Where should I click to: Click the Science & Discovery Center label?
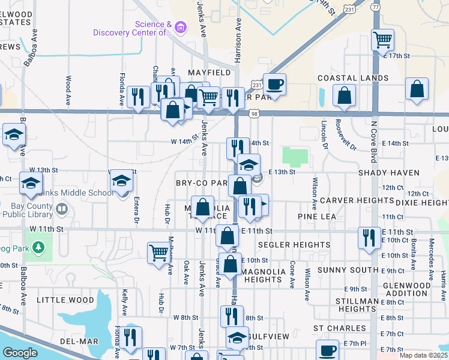(132, 29)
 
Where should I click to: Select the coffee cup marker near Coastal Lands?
(275, 84)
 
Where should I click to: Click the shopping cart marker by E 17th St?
(382, 40)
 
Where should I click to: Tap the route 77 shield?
(376, 7)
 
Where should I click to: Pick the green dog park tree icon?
(38, 247)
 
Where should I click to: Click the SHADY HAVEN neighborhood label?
(388, 173)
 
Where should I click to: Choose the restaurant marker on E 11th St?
(368, 238)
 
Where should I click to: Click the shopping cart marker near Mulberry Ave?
(158, 253)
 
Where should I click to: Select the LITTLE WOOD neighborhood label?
(65, 299)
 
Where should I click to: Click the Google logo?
(20, 353)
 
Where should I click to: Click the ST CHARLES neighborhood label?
(340, 328)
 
